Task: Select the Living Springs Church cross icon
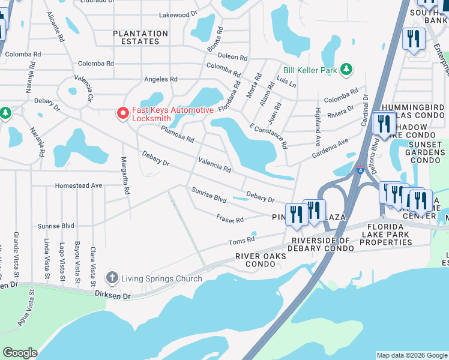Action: point(112,278)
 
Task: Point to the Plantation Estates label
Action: point(140,37)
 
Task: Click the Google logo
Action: point(20,353)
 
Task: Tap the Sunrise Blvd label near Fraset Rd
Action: point(208,194)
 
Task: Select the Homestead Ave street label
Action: point(79,186)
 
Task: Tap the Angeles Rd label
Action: point(161,79)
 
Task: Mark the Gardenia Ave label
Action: point(330,148)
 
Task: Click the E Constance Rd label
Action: point(268,136)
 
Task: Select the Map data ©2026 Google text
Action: point(411,355)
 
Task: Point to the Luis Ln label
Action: point(287,81)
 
